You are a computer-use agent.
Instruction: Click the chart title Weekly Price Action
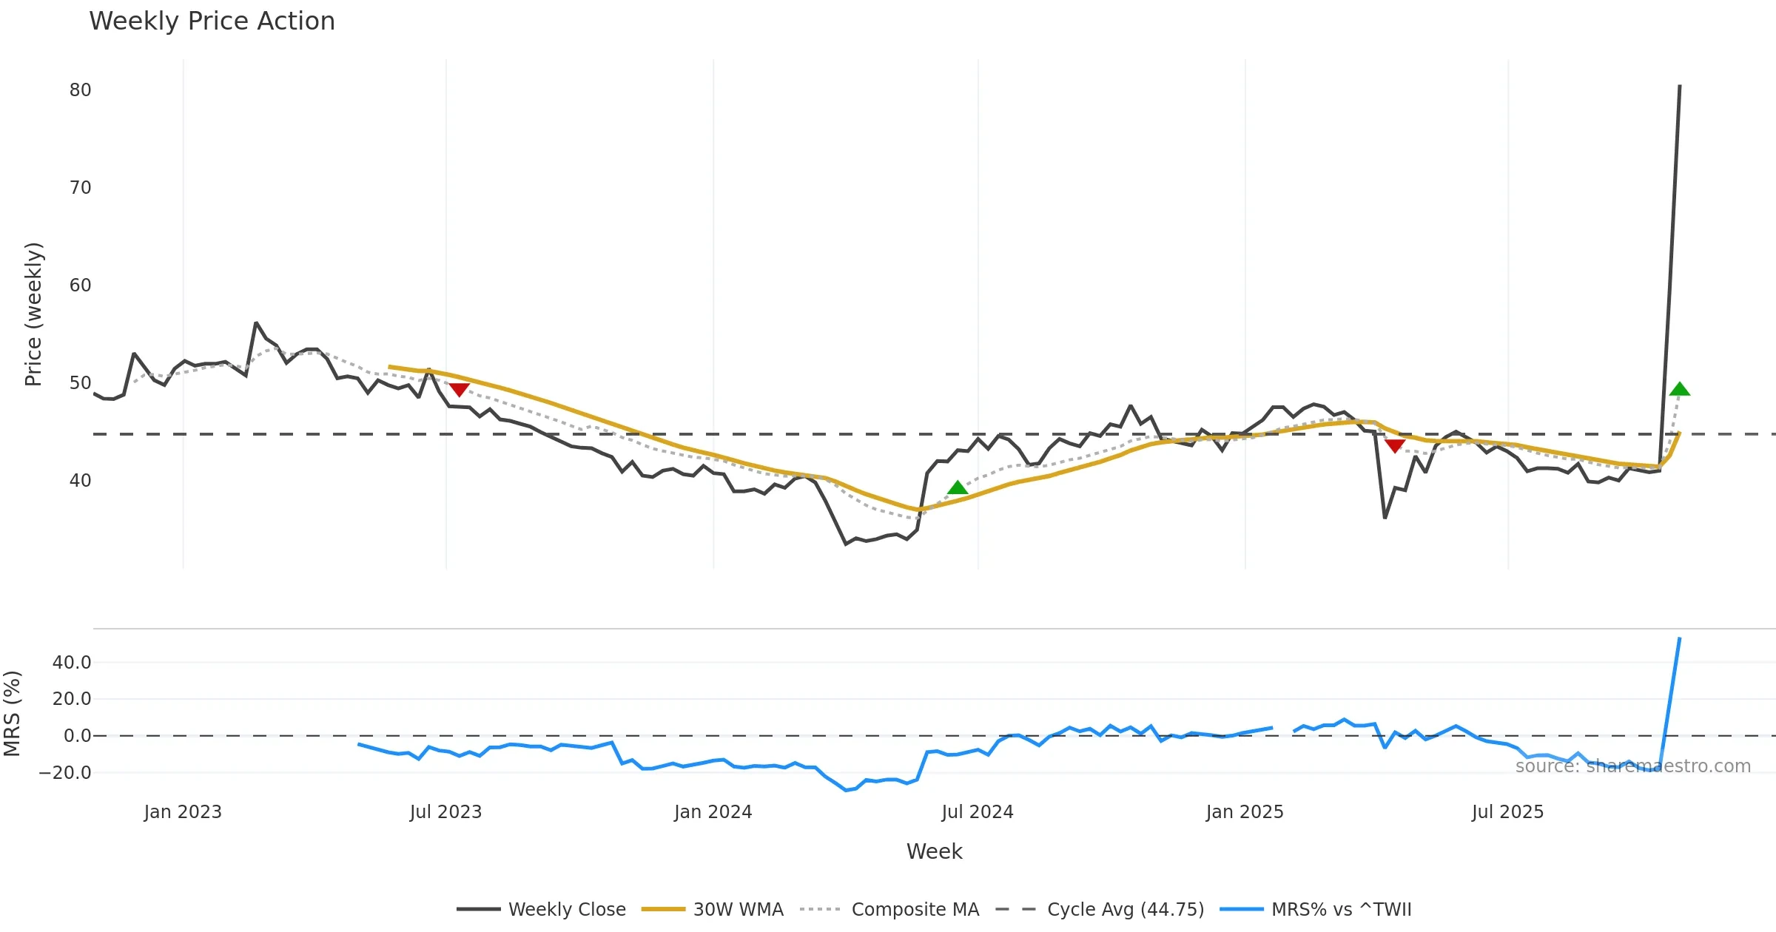212,21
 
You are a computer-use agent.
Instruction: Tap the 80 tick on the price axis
81,90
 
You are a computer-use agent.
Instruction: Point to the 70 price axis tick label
81,188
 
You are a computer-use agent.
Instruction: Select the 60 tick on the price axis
81,286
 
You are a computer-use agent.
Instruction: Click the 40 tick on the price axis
81,481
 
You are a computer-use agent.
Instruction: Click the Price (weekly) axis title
34,314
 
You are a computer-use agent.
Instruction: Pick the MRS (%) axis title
13,714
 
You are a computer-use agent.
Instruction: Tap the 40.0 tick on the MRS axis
72,663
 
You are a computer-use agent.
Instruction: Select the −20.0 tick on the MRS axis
65,773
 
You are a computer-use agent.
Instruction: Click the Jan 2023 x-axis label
183,812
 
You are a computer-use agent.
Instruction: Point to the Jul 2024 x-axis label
978,812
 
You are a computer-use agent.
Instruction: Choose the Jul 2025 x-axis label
1508,812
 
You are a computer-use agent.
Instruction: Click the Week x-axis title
935,852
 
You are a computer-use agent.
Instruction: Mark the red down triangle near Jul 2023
459,389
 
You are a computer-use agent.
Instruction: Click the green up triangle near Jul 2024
958,487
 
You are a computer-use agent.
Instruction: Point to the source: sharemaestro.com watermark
1633,766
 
